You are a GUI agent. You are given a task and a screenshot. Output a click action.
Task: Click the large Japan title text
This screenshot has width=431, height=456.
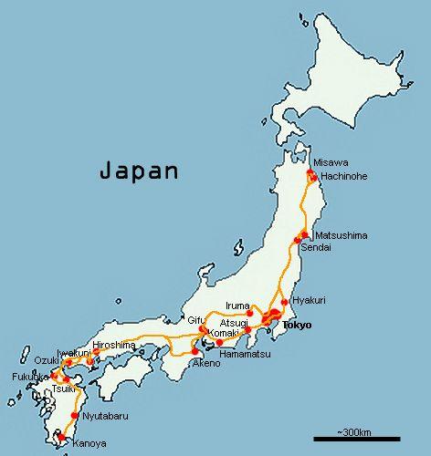[140, 171]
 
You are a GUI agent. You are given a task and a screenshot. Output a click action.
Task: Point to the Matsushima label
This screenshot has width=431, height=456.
[340, 235]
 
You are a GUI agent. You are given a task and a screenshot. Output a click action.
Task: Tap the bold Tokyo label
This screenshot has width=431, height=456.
[297, 325]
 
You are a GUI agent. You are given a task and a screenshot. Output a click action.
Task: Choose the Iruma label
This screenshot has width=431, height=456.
[236, 306]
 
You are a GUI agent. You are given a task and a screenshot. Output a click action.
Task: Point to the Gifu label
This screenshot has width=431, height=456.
[196, 320]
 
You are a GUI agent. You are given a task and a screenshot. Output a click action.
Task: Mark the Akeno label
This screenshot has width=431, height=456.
[205, 363]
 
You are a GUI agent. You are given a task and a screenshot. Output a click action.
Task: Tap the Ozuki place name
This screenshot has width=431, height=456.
[47, 360]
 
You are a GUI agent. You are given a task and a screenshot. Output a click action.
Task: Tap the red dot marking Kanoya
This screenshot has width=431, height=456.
[61, 438]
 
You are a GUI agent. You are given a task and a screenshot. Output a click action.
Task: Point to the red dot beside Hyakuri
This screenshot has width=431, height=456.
[285, 302]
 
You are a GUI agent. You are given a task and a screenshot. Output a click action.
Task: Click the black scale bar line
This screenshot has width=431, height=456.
[357, 440]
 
